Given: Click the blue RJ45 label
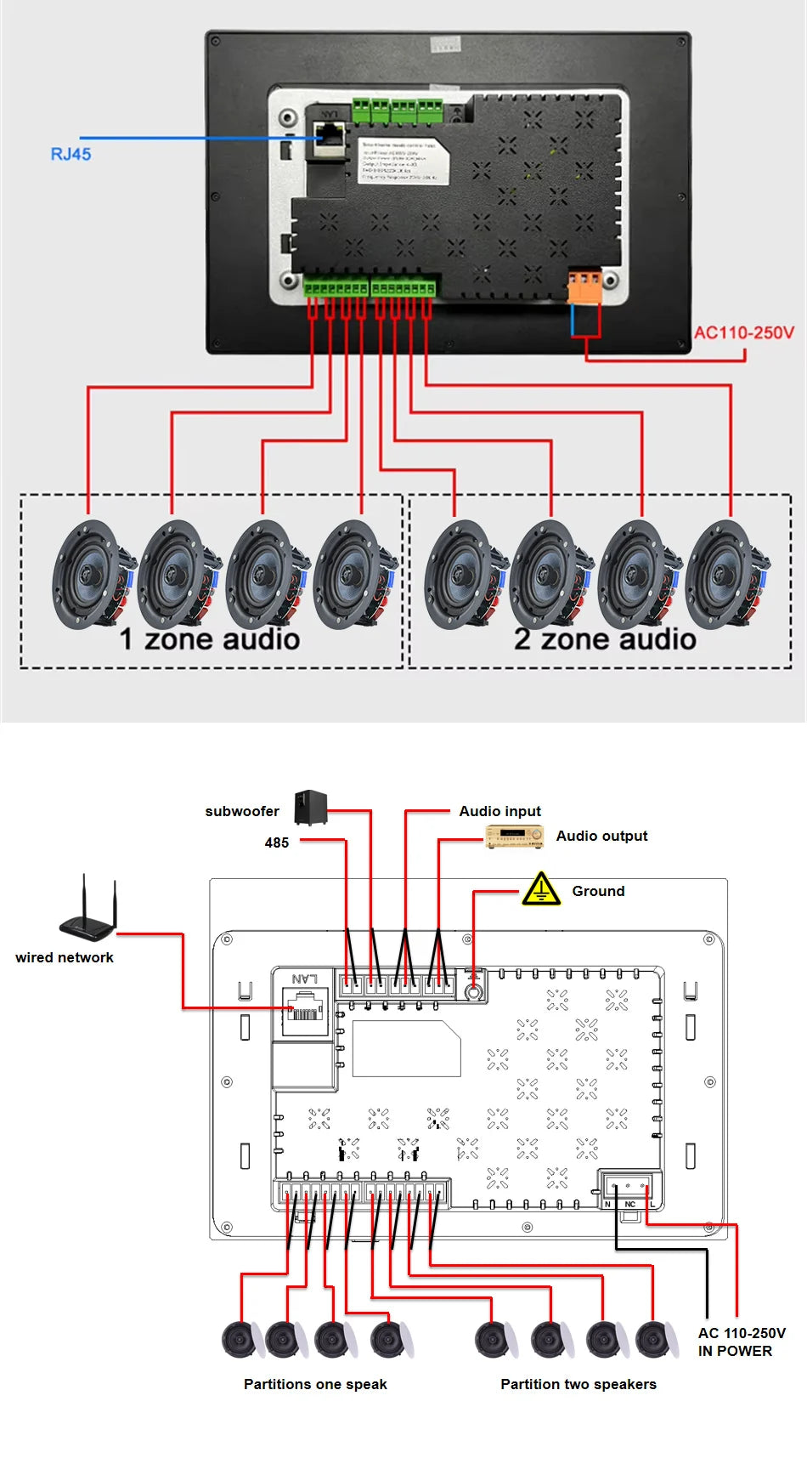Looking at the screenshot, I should pyautogui.click(x=71, y=154).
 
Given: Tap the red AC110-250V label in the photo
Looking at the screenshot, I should pyautogui.click(x=743, y=332).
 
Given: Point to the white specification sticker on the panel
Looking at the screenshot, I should pyautogui.click(x=398, y=160).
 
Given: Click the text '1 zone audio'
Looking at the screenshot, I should pyautogui.click(x=209, y=638).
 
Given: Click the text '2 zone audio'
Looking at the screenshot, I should pyautogui.click(x=605, y=638).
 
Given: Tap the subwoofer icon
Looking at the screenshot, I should pyautogui.click(x=310, y=807).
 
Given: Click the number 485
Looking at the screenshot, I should pyautogui.click(x=277, y=842).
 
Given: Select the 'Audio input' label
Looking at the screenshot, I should pyautogui.click(x=499, y=811).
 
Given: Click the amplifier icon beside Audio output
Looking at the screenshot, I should pyautogui.click(x=515, y=837).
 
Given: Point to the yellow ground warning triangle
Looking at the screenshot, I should pyautogui.click(x=541, y=889).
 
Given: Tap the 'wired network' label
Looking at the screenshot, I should pyautogui.click(x=65, y=957).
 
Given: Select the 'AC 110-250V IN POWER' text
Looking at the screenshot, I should pyautogui.click(x=741, y=1342).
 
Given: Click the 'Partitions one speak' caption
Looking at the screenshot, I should pyautogui.click(x=315, y=1384).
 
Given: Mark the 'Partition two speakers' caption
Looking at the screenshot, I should pyautogui.click(x=578, y=1384).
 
